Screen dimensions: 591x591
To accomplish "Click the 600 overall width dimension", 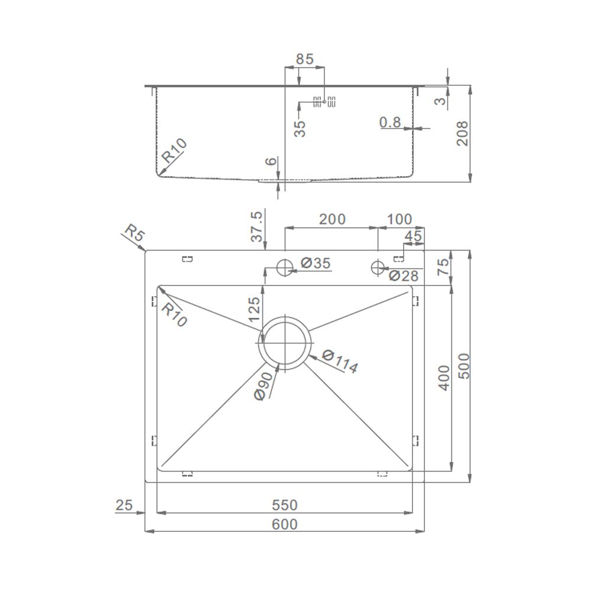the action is click(x=285, y=524).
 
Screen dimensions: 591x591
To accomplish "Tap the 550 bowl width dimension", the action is click(x=285, y=505).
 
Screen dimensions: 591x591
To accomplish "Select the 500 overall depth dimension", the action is click(x=463, y=366).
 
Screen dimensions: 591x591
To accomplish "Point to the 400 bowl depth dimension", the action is click(x=444, y=378).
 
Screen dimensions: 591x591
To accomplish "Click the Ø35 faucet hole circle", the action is click(x=285, y=268).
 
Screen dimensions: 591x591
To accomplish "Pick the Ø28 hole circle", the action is click(x=378, y=268).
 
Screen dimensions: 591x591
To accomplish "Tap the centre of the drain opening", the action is click(x=285, y=343).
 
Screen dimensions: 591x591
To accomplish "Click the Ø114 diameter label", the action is click(x=340, y=361).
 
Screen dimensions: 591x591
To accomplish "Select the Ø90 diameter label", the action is click(x=264, y=387).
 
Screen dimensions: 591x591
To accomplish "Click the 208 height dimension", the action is click(x=462, y=134).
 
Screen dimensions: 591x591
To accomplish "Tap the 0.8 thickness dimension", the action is click(x=390, y=122).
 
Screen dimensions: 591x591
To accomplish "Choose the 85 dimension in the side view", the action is click(x=304, y=59).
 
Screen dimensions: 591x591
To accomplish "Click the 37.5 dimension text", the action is click(x=256, y=226).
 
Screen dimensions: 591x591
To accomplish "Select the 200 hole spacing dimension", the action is click(x=332, y=219).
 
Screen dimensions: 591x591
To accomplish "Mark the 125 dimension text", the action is click(x=254, y=309).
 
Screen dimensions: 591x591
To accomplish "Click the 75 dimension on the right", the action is click(x=443, y=267).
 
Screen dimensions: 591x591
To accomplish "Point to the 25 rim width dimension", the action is click(x=124, y=505).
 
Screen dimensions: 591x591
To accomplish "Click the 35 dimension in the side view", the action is click(x=300, y=128).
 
